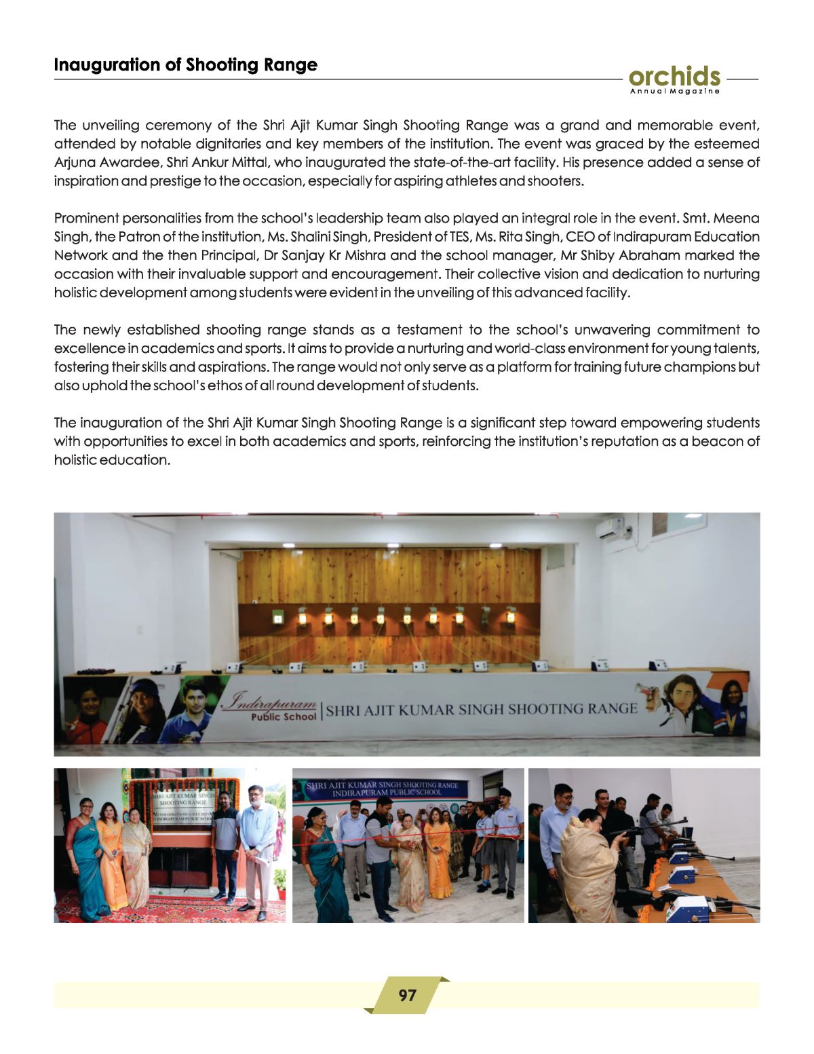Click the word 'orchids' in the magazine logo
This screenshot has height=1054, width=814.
tap(674, 76)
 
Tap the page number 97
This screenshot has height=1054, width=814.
tap(407, 995)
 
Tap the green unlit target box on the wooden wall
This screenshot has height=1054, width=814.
tap(277, 617)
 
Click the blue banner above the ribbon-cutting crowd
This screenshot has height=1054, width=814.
tap(383, 788)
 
